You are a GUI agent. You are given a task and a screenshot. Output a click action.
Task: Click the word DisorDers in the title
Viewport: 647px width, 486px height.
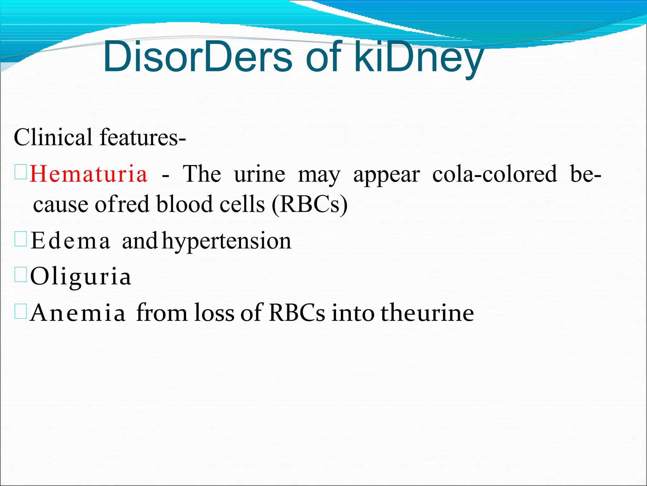[197, 57]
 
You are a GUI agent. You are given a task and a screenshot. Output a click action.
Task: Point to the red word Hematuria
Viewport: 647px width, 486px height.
[88, 174]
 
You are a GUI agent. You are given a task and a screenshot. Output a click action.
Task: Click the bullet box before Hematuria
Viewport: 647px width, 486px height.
[21, 173]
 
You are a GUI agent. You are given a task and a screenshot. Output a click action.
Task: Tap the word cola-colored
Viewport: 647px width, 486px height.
[494, 174]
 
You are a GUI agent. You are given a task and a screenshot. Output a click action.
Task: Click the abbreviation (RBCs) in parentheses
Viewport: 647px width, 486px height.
[310, 204]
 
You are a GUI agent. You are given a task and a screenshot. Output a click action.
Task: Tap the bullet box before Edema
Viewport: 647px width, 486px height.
[21, 240]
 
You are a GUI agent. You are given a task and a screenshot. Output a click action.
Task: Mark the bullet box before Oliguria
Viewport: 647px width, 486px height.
[21, 275]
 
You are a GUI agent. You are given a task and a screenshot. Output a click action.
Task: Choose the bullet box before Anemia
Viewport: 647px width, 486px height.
[21, 312]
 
